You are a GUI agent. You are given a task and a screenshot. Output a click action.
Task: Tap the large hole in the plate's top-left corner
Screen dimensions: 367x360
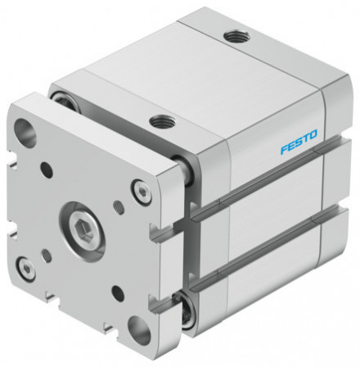[x=25, y=132]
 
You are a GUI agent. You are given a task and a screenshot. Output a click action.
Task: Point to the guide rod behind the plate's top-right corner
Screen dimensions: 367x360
[x=187, y=173]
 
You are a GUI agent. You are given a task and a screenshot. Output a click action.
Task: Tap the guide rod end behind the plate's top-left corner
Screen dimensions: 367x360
[x=61, y=98]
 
